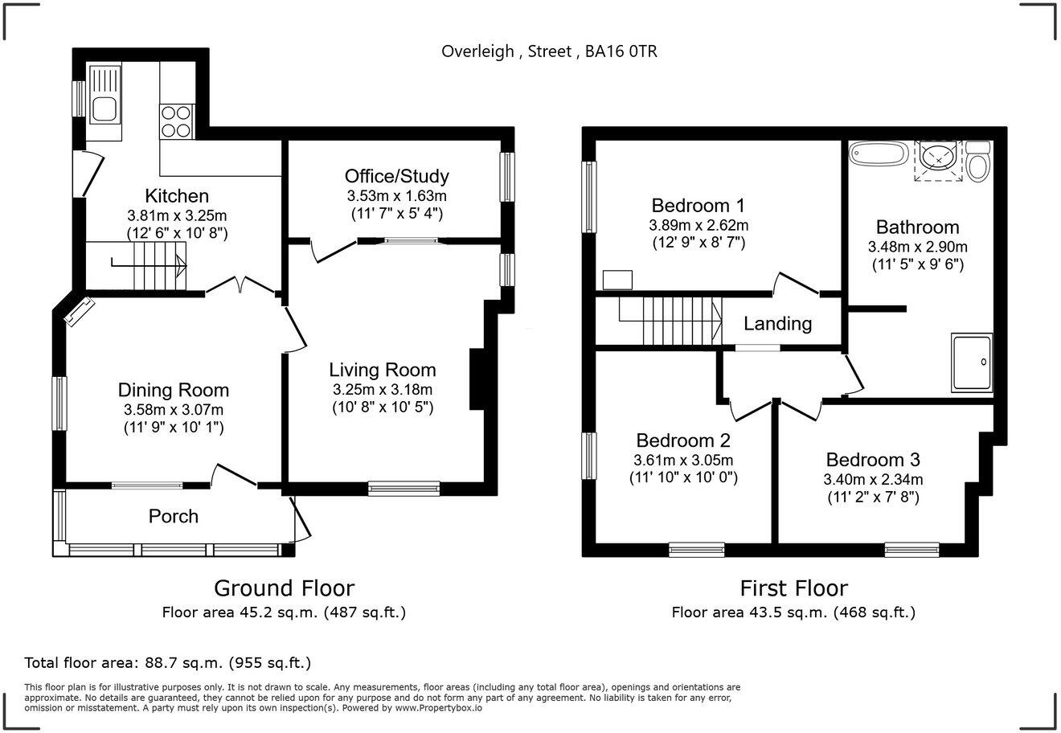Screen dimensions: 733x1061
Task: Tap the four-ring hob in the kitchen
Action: pyautogui.click(x=175, y=122)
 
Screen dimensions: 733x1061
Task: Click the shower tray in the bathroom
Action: pyautogui.click(x=972, y=362)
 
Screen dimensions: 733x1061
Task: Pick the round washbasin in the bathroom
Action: pyautogui.click(x=938, y=159)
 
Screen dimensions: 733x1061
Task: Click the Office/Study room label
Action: pyautogui.click(x=396, y=176)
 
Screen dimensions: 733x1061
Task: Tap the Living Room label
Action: pyautogui.click(x=383, y=370)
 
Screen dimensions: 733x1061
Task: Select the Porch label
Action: pyautogui.click(x=174, y=516)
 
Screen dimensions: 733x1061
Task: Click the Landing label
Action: pyautogui.click(x=777, y=324)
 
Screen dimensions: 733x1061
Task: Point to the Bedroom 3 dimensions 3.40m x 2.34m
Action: pyautogui.click(x=873, y=480)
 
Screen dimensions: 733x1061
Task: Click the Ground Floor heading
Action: pyautogui.click(x=284, y=588)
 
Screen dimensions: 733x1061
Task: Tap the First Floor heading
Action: pyautogui.click(x=793, y=588)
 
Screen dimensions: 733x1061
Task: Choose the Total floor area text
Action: pyautogui.click(x=168, y=663)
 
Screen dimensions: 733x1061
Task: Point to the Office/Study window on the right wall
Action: pyautogui.click(x=507, y=177)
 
